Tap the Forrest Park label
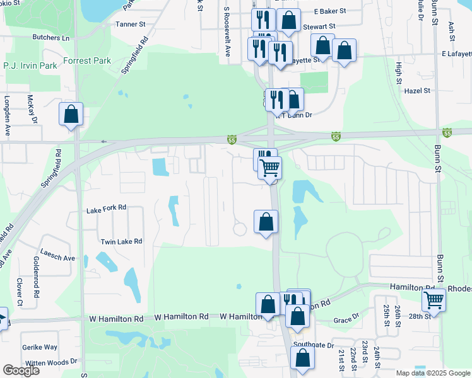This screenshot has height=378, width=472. [x=87, y=61]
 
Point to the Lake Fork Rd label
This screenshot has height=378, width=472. [x=106, y=207]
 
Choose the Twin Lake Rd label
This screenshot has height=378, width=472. [x=121, y=241]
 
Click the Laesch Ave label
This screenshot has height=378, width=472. [x=57, y=258]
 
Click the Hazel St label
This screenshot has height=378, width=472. [x=417, y=91]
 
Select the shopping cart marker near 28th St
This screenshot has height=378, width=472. [x=434, y=299]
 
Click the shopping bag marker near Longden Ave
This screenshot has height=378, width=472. [x=71, y=115]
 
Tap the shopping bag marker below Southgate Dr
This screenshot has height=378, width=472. [x=303, y=358]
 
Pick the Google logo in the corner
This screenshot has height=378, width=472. [x=21, y=370]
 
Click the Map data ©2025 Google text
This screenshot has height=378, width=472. [x=432, y=373]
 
